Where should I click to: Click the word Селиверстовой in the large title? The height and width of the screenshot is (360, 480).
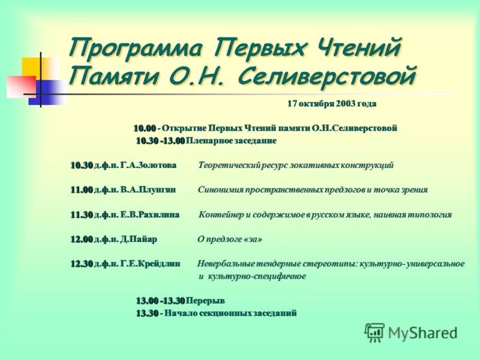(326, 77)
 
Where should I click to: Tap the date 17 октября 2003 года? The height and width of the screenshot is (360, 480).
(331, 104)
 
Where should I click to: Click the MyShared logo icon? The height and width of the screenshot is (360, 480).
(374, 332)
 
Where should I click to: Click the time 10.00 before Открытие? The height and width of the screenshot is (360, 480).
(144, 128)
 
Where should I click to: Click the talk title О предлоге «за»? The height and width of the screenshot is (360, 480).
(230, 239)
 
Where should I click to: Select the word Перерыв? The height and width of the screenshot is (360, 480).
(205, 300)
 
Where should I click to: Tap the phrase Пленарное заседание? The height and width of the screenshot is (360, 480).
(232, 140)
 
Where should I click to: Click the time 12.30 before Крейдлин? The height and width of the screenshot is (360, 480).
(81, 263)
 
